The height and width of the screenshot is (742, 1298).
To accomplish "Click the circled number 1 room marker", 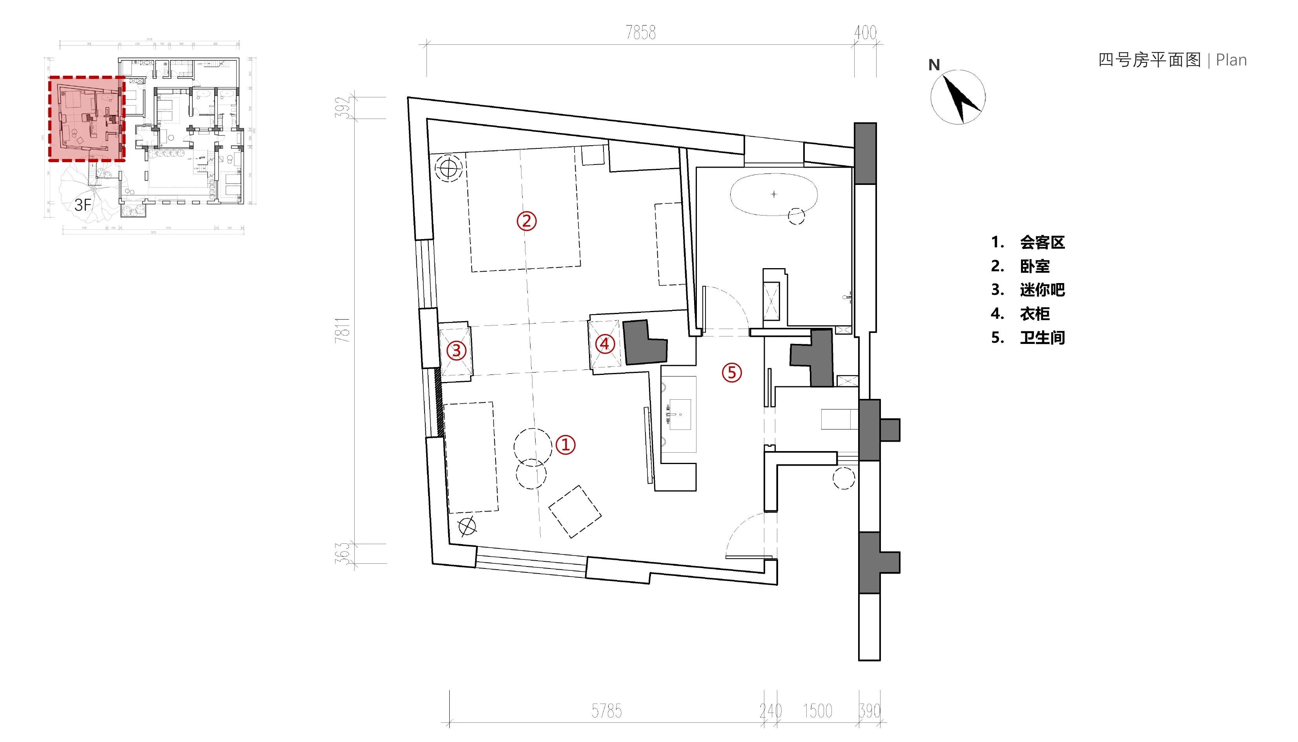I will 565,445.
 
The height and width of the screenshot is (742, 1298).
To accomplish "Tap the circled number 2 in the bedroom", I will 527,221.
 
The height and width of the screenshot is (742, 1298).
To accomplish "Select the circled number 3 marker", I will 456,350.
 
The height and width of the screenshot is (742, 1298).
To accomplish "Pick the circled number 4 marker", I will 604,344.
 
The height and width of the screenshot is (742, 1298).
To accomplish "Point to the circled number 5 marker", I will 732,373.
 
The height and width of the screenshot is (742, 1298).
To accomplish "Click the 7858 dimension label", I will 641,33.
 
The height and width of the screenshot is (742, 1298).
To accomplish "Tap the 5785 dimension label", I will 607,711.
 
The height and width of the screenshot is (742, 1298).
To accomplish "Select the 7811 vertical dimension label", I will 343,330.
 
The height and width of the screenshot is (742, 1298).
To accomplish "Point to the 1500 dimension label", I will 817,711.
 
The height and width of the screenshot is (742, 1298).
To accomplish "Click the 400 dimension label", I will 865,33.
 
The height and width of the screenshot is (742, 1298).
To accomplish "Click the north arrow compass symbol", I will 958,97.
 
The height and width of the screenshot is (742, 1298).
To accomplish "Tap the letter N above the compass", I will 934,65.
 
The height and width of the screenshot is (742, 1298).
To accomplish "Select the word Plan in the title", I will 1231,60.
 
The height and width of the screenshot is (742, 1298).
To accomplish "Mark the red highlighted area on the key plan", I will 87,119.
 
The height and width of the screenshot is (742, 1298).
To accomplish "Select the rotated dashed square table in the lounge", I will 574,512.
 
